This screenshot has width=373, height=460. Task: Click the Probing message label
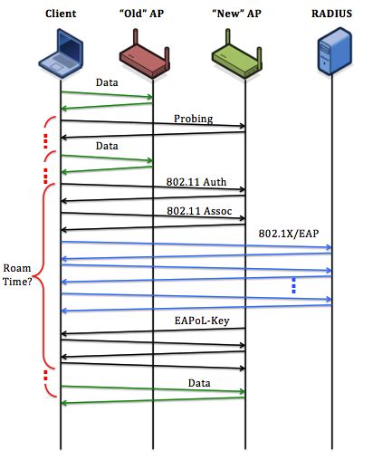click(x=195, y=119)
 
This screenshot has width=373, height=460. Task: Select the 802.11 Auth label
click(x=196, y=181)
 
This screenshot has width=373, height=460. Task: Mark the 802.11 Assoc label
click(x=197, y=211)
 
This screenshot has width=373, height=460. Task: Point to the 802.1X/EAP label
click(x=288, y=235)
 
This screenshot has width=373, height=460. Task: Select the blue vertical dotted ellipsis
click(x=293, y=285)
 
